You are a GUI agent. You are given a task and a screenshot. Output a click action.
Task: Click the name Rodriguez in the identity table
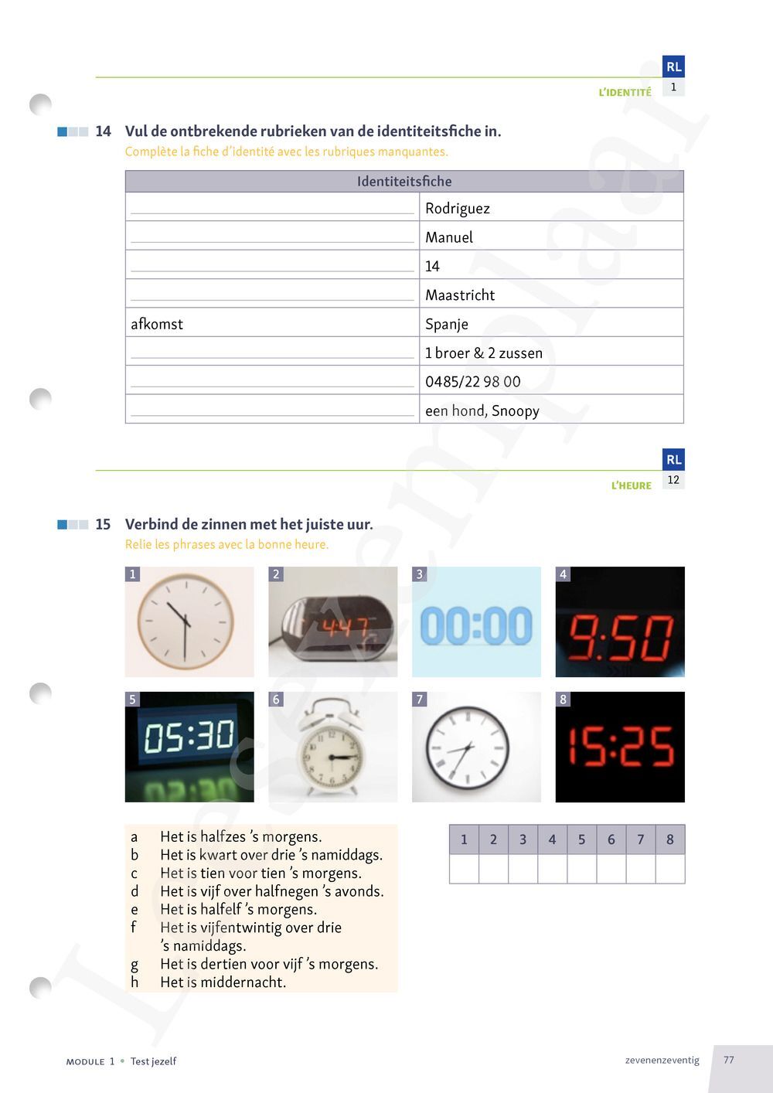click(x=457, y=209)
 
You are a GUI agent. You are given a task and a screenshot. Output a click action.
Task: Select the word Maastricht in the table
click(x=460, y=295)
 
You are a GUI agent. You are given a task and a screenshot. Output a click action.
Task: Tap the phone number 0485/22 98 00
click(x=472, y=382)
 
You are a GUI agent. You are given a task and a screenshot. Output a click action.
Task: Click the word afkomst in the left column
click(x=157, y=324)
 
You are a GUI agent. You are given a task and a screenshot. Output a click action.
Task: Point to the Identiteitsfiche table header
click(x=404, y=182)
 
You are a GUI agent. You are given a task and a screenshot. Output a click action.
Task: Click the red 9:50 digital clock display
click(x=620, y=623)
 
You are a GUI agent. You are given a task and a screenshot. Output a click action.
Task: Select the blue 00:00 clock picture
click(x=476, y=623)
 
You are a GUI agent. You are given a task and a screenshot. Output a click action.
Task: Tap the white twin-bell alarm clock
click(x=332, y=747)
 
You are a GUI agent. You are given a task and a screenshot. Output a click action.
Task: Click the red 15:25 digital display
click(x=620, y=747)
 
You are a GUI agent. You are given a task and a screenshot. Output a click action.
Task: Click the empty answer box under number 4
click(x=552, y=869)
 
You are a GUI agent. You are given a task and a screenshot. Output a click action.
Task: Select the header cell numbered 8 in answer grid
click(x=670, y=839)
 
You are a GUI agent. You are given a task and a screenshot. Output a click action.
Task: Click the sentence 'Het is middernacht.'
click(x=223, y=982)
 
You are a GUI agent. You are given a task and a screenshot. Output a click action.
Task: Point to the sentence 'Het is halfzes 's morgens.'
click(x=240, y=836)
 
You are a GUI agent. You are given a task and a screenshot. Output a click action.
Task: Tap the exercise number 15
click(x=103, y=525)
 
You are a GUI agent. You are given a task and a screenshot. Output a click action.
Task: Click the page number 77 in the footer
click(x=729, y=1060)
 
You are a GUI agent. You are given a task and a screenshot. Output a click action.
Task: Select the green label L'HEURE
click(x=631, y=486)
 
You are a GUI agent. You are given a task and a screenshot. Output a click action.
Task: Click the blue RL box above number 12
click(x=673, y=459)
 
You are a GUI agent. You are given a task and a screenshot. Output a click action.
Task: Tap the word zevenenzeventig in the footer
click(x=662, y=1061)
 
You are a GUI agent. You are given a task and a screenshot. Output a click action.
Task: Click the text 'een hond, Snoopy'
click(x=482, y=411)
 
